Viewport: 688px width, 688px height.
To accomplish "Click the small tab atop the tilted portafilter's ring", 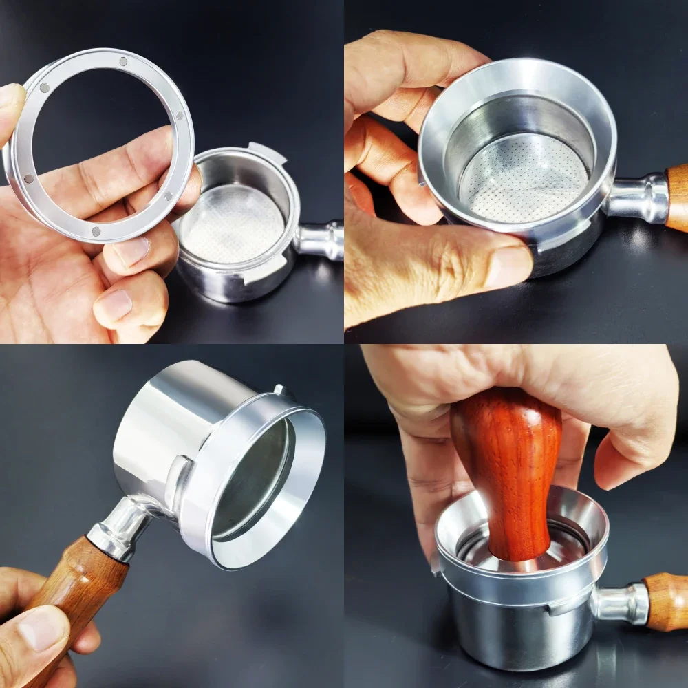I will point(281,391).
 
